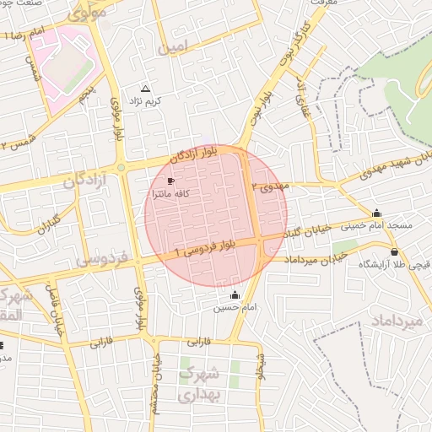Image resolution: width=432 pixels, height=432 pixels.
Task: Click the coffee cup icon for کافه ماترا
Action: coord(171,181)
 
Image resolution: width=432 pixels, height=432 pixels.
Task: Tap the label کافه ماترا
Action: coord(170,194)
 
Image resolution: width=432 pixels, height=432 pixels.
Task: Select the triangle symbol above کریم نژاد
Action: coord(145,89)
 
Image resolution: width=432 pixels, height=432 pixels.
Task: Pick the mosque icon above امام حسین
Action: coord(235,294)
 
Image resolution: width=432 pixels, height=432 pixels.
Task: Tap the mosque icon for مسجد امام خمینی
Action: coord(376,213)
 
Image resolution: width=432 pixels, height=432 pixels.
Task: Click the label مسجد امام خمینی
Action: coord(376,226)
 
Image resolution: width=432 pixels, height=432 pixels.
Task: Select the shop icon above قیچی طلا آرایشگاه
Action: coord(394,251)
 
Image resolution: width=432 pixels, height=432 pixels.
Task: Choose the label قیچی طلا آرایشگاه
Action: coord(395,264)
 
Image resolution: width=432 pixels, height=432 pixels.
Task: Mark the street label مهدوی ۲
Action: coord(270,186)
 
